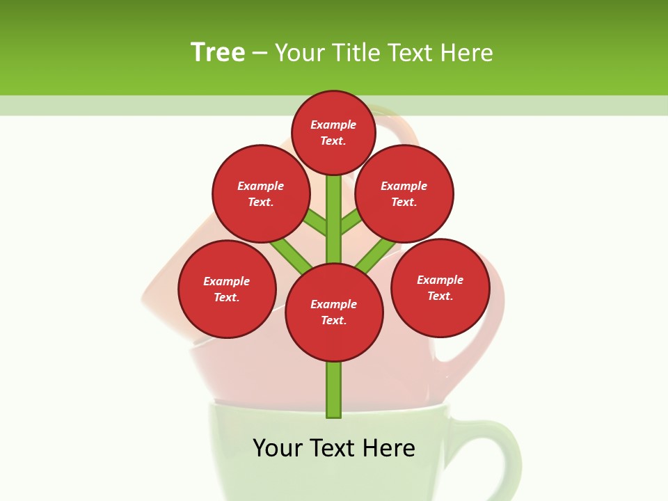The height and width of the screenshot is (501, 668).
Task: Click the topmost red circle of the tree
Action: pyautogui.click(x=333, y=132)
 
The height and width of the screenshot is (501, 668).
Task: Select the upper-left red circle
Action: pyautogui.click(x=261, y=193)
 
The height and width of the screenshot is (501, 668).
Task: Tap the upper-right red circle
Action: pyautogui.click(x=404, y=193)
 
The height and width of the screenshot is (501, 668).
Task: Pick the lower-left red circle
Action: pyautogui.click(x=227, y=289)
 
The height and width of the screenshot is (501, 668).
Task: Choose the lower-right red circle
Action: pyautogui.click(x=440, y=287)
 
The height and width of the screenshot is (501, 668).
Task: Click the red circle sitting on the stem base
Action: pyautogui.click(x=334, y=312)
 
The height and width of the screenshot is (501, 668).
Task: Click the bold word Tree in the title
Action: pyautogui.click(x=218, y=52)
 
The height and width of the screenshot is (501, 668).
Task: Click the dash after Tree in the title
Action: pyautogui.click(x=260, y=53)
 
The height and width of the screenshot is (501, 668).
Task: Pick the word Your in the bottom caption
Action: pyautogui.click(x=278, y=448)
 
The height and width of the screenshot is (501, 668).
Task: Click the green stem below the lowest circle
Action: pyautogui.click(x=334, y=390)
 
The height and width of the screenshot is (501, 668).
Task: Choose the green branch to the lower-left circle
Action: pyautogui.click(x=291, y=254)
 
